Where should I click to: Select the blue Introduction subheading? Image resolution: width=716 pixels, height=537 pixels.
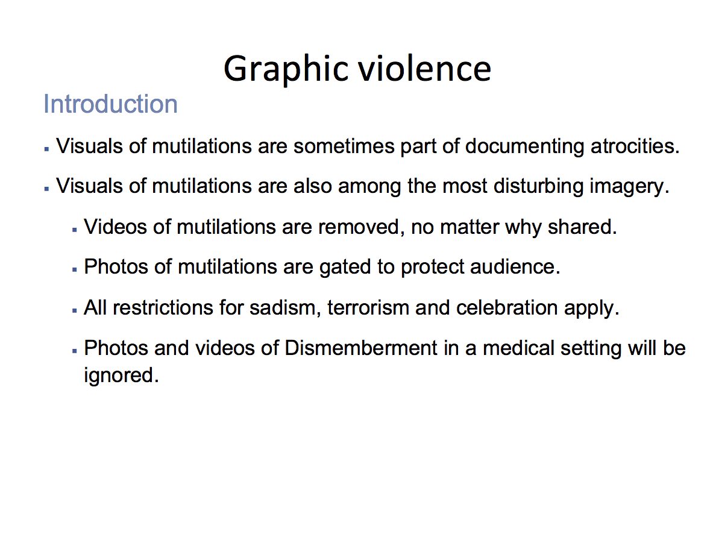click(x=110, y=104)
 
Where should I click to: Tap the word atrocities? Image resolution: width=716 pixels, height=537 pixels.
click(x=635, y=146)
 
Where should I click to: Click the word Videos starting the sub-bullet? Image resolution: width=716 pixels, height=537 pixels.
click(x=115, y=227)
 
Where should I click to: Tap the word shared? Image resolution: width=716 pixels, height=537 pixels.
click(x=582, y=227)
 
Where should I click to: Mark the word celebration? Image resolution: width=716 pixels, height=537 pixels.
click(x=507, y=308)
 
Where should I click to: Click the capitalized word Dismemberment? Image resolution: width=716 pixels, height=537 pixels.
click(x=361, y=348)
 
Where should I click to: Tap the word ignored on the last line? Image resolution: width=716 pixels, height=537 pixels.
click(x=122, y=376)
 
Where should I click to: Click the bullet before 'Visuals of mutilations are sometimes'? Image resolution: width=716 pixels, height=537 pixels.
click(x=46, y=149)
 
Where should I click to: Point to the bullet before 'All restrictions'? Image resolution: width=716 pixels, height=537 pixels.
click(x=74, y=310)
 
